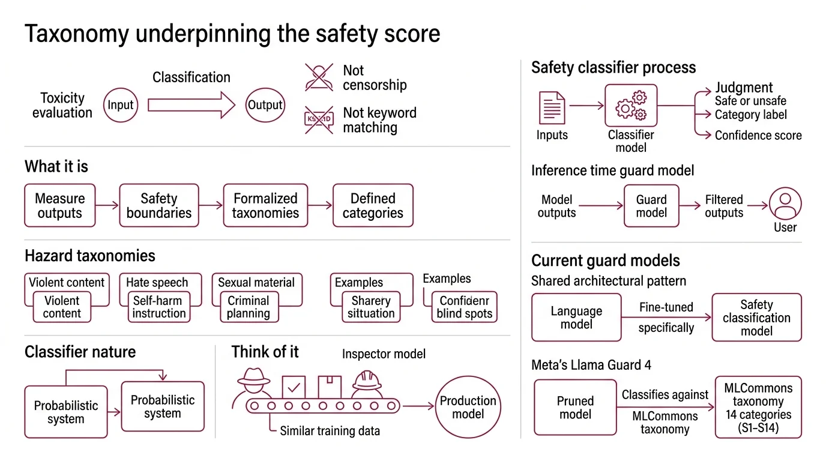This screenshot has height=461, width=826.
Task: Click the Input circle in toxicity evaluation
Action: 121,105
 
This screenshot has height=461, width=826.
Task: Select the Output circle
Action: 265,105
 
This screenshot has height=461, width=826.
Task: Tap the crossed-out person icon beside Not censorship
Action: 319,77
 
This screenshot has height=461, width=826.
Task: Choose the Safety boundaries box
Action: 158,205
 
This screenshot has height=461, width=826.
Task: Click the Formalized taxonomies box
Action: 265,205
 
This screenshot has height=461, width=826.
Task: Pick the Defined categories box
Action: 373,205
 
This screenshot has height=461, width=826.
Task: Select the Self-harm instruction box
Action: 159,307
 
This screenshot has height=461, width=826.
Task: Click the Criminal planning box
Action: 249,307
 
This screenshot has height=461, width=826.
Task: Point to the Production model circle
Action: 468,407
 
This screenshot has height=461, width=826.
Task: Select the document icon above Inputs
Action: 552,107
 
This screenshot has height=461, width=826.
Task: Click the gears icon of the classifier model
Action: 631,106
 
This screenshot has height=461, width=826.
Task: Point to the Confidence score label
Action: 758,135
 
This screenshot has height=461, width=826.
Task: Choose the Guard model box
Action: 651,206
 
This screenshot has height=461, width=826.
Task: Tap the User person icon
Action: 785,204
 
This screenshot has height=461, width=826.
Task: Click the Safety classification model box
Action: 756,318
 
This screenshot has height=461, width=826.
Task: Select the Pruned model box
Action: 575,407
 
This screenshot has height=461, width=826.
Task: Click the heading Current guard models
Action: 605,261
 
